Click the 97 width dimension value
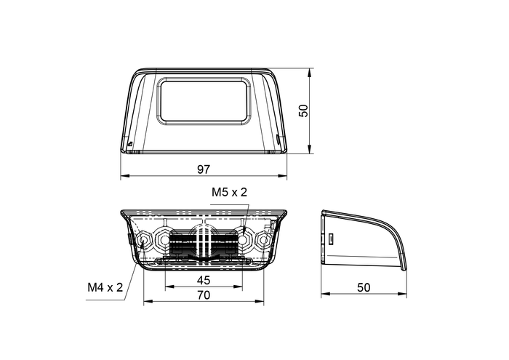pos(204,169)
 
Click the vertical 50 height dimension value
pos(304,111)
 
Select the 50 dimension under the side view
pos(364,287)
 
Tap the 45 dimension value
pos(204,280)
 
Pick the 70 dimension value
pos(204,295)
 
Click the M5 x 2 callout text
pos(230,193)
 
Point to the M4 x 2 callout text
pos(105,287)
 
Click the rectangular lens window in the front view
pos(204,102)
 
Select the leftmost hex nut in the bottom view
pos(142,238)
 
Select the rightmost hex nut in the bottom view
pos(265,238)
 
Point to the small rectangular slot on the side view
pos(329,238)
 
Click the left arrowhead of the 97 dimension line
pos(123,176)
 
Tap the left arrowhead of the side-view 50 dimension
pos(324,295)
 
